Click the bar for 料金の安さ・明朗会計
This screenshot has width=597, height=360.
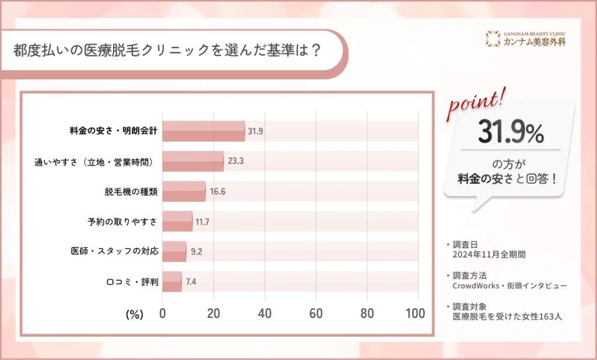[x=203, y=131]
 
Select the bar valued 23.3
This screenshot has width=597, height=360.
[x=192, y=161]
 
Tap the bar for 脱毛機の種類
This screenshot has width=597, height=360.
[x=184, y=191]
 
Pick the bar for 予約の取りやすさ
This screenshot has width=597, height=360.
[x=177, y=221]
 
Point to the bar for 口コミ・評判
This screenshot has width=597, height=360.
[x=172, y=281]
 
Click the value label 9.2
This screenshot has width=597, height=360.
[x=196, y=252]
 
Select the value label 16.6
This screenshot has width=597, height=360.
[x=217, y=191]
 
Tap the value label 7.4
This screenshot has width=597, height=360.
[x=191, y=282]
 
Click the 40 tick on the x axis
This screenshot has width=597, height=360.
[x=265, y=313]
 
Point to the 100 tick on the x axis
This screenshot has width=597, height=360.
[x=415, y=313]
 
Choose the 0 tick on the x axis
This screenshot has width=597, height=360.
[x=163, y=313]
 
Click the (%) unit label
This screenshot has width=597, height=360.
[x=134, y=314]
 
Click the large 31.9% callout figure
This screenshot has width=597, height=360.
[x=511, y=133]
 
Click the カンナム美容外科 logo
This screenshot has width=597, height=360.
[x=525, y=39]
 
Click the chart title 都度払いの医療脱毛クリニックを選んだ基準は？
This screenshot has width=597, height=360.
[x=167, y=50]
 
